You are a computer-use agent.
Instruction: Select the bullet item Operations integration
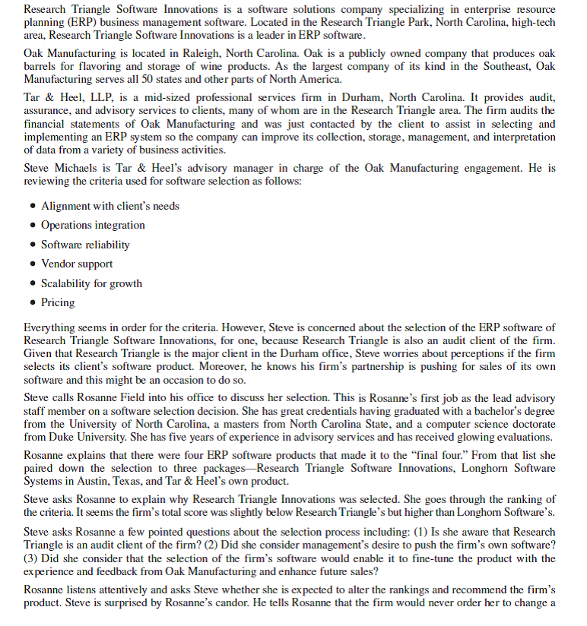(x=93, y=225)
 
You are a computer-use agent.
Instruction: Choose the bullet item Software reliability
(x=85, y=245)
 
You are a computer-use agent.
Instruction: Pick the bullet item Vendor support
(x=77, y=264)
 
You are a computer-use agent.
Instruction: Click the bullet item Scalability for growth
(x=91, y=283)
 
